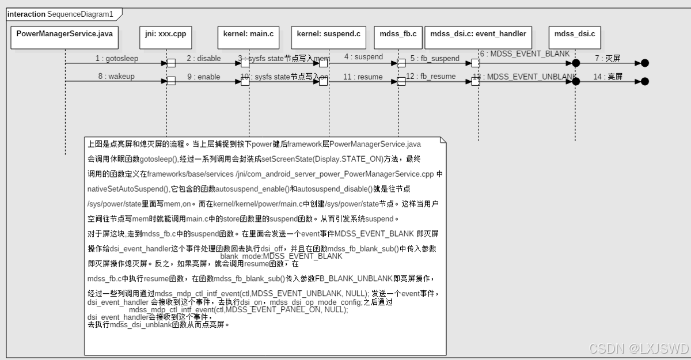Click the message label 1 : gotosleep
[x=117, y=59]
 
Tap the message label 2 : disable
[x=203, y=58]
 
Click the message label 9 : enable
[x=203, y=77]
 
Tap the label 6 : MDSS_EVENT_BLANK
[x=525, y=54]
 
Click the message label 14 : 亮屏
[x=609, y=77]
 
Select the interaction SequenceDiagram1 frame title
[x=60, y=14]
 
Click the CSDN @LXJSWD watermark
[x=639, y=348]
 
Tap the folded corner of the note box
[x=443, y=140]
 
